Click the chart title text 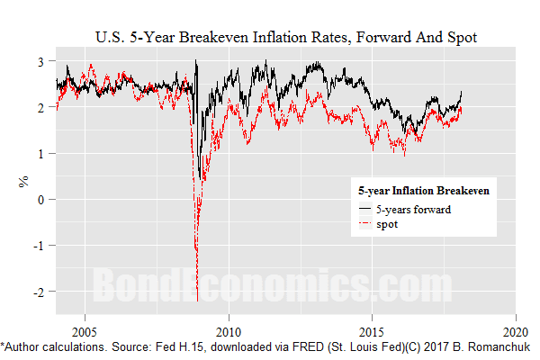(x=285, y=38)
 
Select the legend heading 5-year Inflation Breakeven (x=422, y=192)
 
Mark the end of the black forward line (x=462, y=91)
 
